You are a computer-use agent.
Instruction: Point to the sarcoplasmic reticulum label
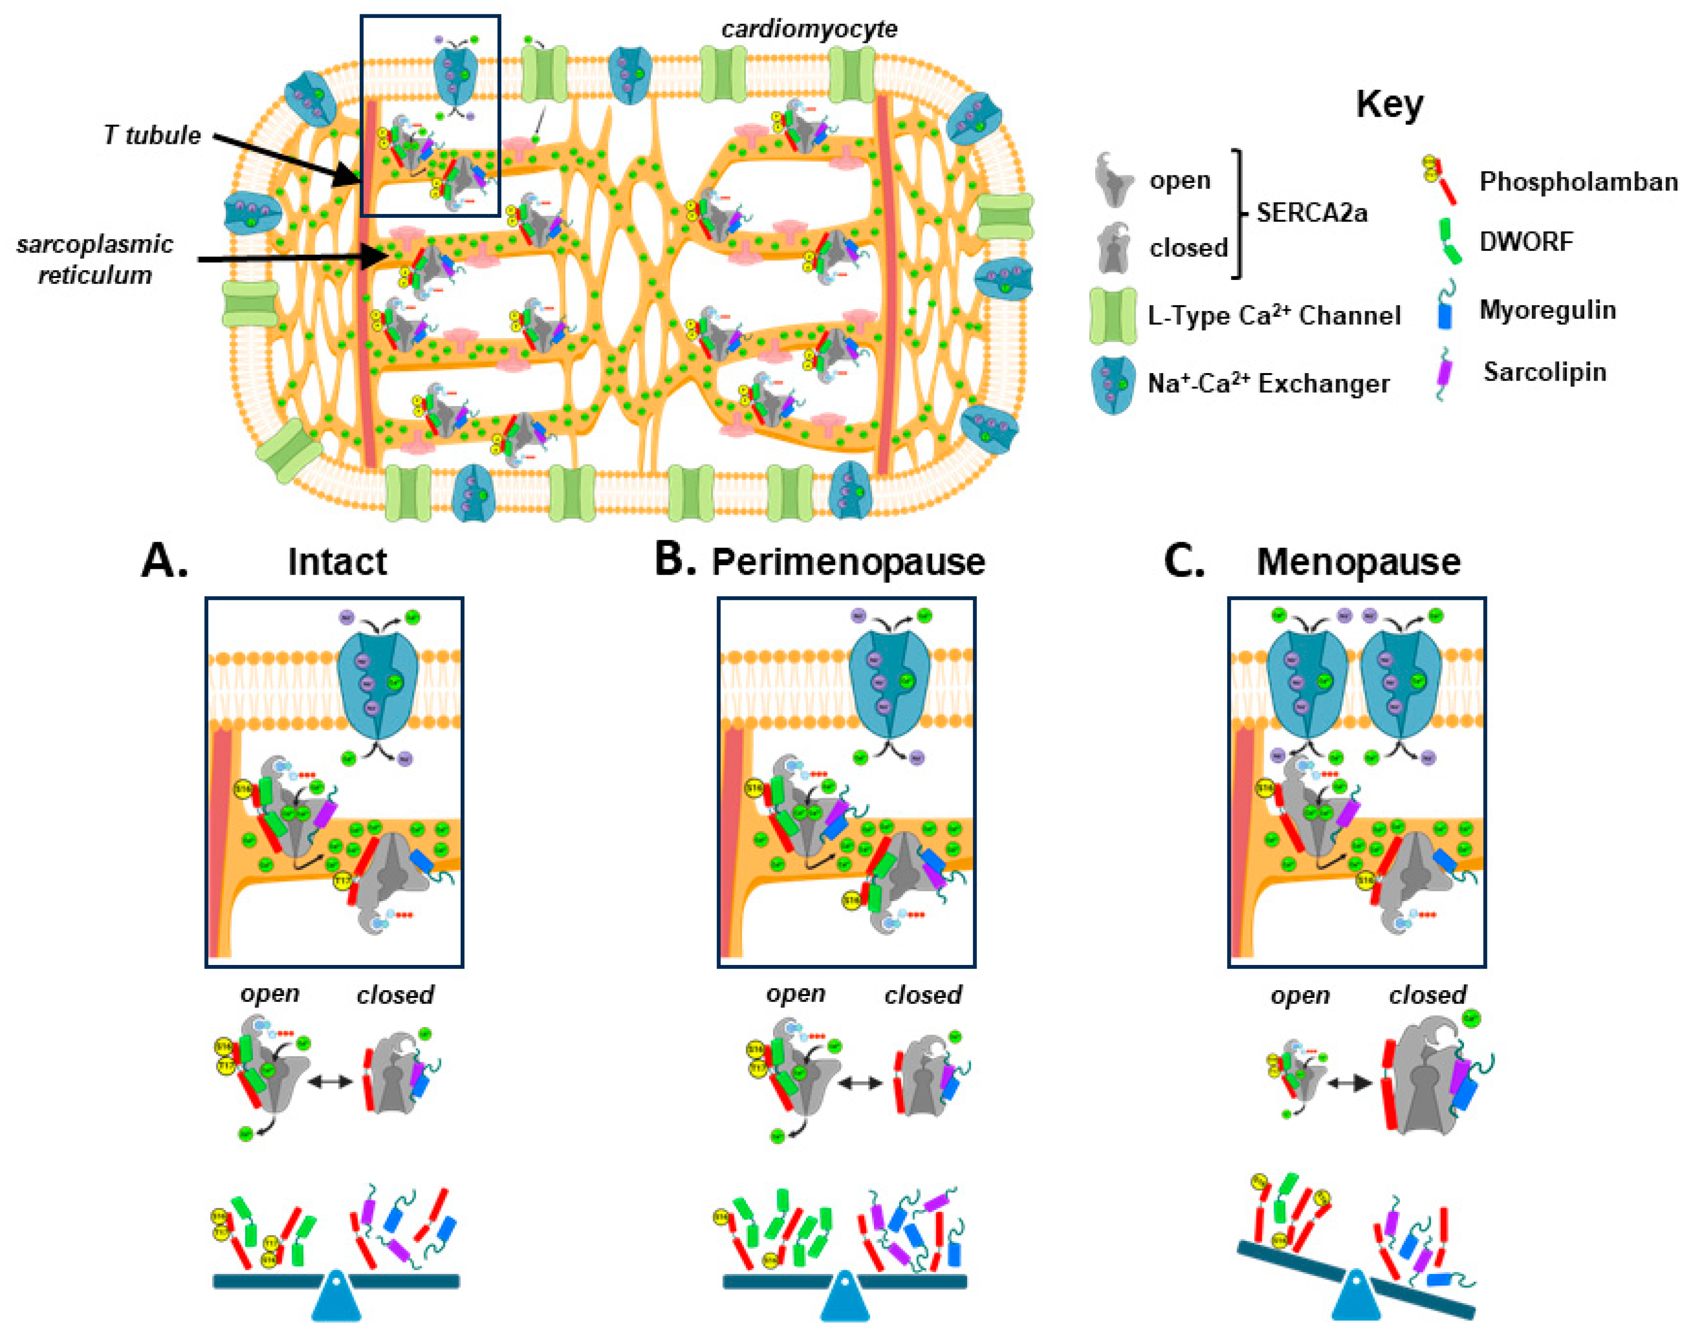(x=94, y=259)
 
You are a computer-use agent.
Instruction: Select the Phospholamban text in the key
(x=1578, y=182)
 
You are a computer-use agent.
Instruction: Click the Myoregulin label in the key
(x=1547, y=310)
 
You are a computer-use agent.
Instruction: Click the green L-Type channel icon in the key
(x=1113, y=316)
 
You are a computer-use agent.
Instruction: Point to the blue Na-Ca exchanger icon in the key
(x=1113, y=384)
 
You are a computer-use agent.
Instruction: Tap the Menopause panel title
(x=1358, y=562)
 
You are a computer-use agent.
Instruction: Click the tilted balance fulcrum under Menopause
(x=1356, y=1296)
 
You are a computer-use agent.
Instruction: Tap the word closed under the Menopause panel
(x=1427, y=995)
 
